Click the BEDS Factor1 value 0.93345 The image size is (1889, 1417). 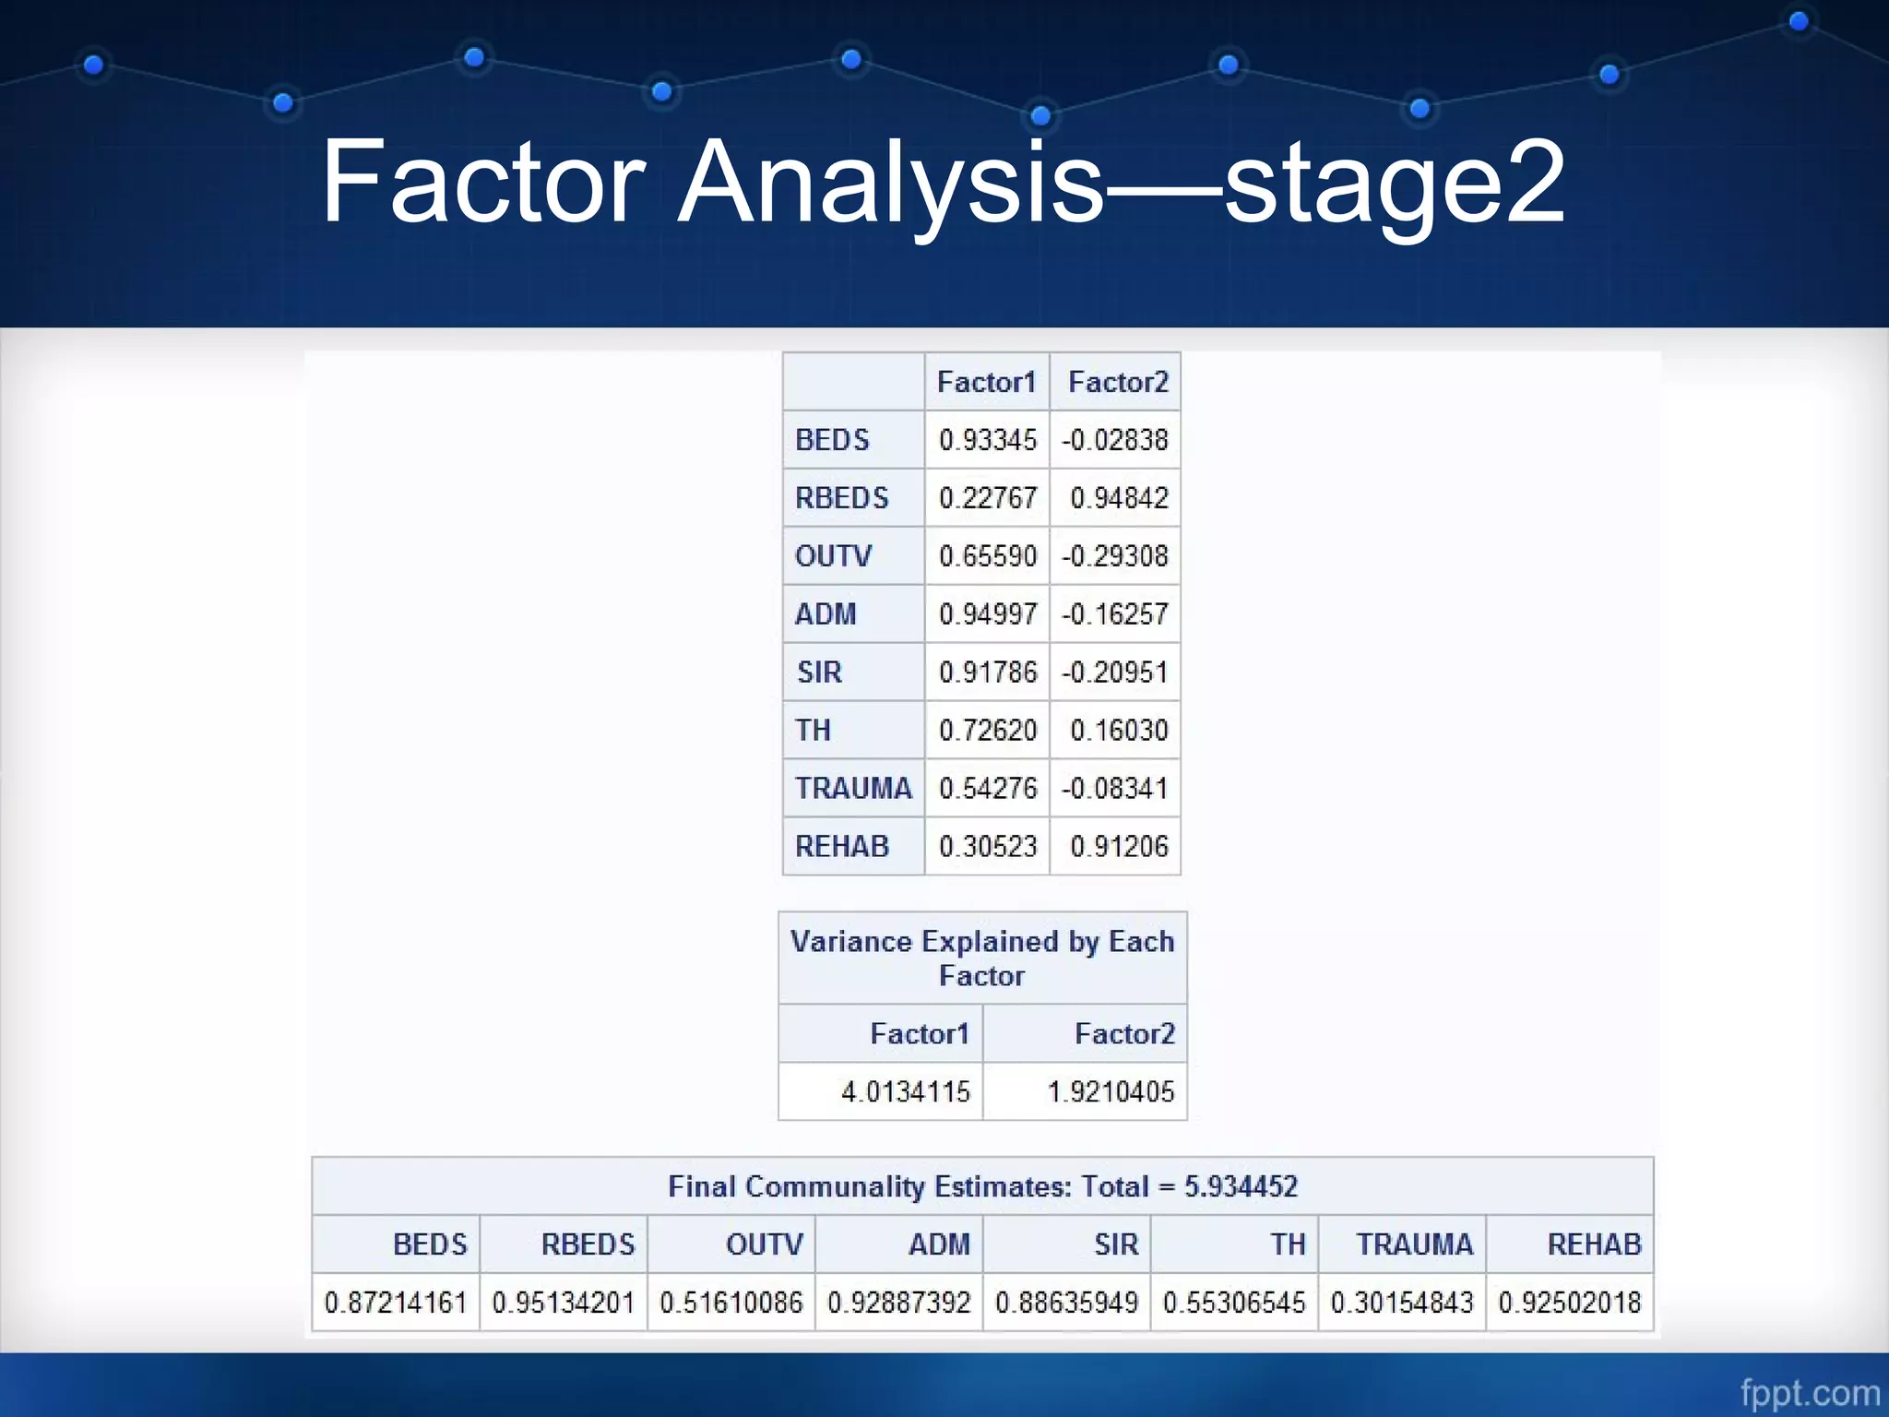click(x=988, y=440)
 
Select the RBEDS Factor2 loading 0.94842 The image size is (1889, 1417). click(x=1119, y=498)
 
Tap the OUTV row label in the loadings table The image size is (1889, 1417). click(x=833, y=556)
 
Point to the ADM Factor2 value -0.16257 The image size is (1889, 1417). click(x=1115, y=614)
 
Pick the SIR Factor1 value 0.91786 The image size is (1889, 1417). click(x=988, y=673)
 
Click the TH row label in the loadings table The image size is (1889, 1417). click(x=813, y=731)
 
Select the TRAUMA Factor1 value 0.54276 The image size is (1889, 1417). click(x=988, y=789)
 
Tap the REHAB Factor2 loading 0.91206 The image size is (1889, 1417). click(x=1119, y=847)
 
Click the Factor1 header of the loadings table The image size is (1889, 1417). click(x=986, y=382)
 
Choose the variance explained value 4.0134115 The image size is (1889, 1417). click(x=906, y=1092)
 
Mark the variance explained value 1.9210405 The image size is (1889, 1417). click(x=1111, y=1092)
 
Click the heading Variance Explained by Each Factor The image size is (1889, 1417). click(x=982, y=958)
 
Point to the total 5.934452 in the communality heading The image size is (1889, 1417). click(x=1241, y=1186)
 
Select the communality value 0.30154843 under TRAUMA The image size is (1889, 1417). click(x=1402, y=1303)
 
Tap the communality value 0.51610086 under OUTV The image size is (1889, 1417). click(x=731, y=1303)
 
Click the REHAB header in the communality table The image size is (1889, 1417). click(x=1594, y=1244)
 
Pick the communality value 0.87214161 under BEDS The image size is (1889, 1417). click(x=395, y=1303)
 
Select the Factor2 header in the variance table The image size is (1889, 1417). click(x=1124, y=1034)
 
